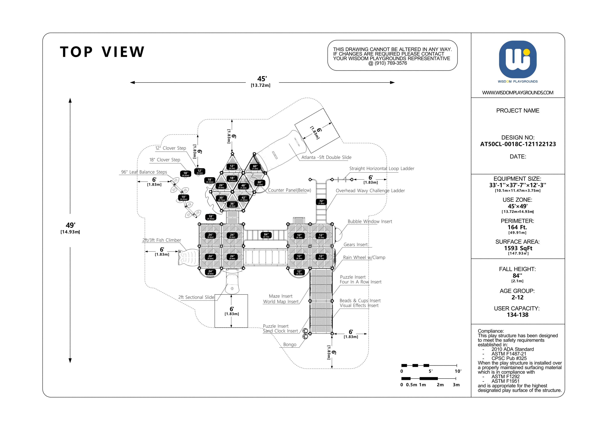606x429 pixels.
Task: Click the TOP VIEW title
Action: (x=102, y=52)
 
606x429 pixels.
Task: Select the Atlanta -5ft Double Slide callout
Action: (x=326, y=157)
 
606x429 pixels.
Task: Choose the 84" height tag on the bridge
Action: (x=266, y=235)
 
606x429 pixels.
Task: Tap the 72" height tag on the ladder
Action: (x=321, y=202)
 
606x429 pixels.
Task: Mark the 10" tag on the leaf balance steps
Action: (x=184, y=198)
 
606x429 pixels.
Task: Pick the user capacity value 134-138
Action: (x=518, y=315)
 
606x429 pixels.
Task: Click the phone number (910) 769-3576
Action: (x=391, y=63)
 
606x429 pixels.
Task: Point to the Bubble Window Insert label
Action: (x=370, y=221)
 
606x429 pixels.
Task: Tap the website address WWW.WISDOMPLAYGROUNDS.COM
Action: (x=518, y=93)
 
